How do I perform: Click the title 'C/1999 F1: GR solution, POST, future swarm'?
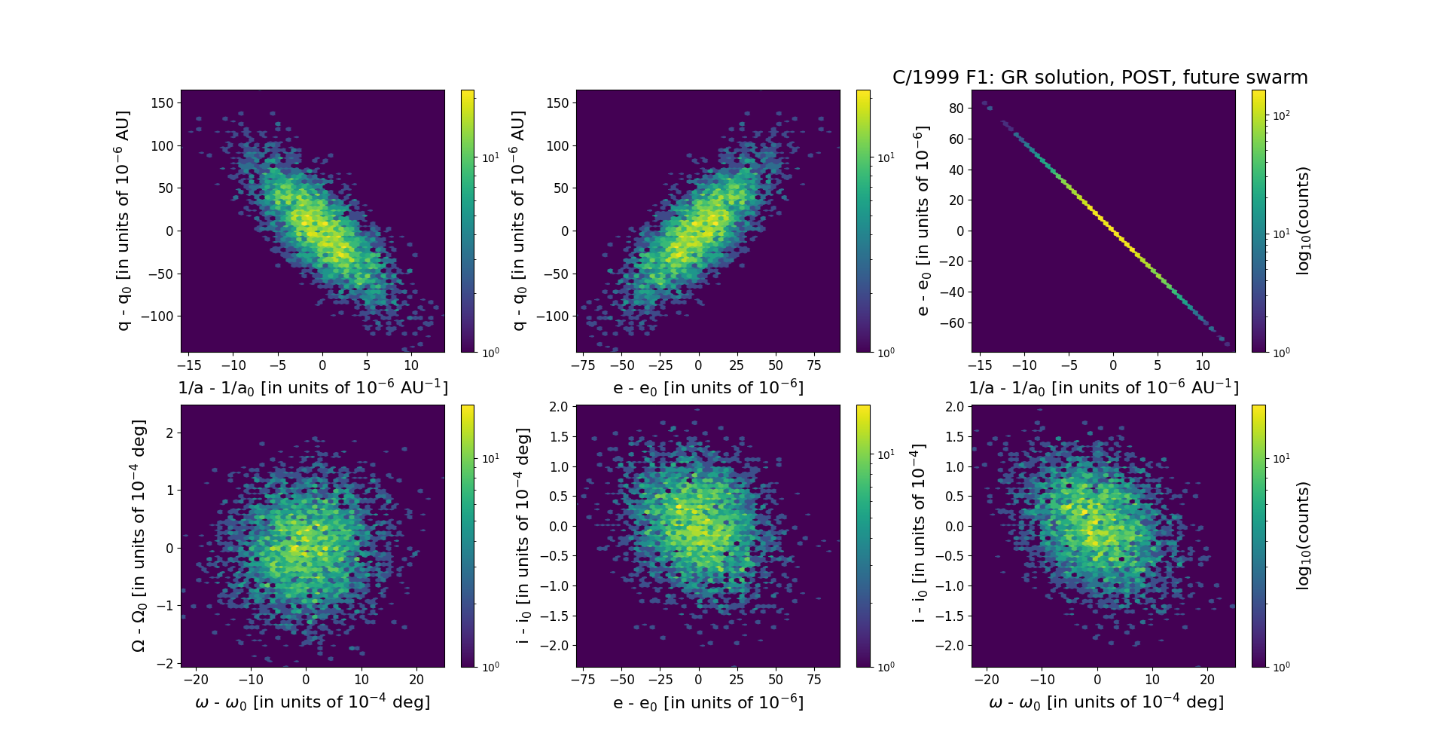pyautogui.click(x=1100, y=78)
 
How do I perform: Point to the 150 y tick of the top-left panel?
pyautogui.click(x=162, y=103)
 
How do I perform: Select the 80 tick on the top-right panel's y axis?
pyautogui.click(x=956, y=109)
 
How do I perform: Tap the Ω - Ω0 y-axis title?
pyautogui.click(x=139, y=536)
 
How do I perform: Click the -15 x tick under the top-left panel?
pyautogui.click(x=189, y=365)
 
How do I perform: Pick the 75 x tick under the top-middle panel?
pyautogui.click(x=814, y=365)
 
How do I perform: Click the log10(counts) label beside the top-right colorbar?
pyautogui.click(x=1304, y=221)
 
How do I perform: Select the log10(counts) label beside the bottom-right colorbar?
pyautogui.click(x=1304, y=536)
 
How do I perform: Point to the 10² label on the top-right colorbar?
pyautogui.click(x=1281, y=116)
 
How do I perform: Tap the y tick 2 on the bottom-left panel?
pyautogui.click(x=169, y=433)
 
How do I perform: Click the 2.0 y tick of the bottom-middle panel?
pyautogui.click(x=558, y=407)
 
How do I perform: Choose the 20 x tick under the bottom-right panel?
pyautogui.click(x=1207, y=680)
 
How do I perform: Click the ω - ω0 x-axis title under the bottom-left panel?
pyautogui.click(x=313, y=702)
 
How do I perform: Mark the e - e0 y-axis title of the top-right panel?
pyautogui.click(x=923, y=221)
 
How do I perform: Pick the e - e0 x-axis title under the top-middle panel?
pyautogui.click(x=708, y=388)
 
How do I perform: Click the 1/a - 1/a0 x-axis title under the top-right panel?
pyautogui.click(x=1103, y=388)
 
